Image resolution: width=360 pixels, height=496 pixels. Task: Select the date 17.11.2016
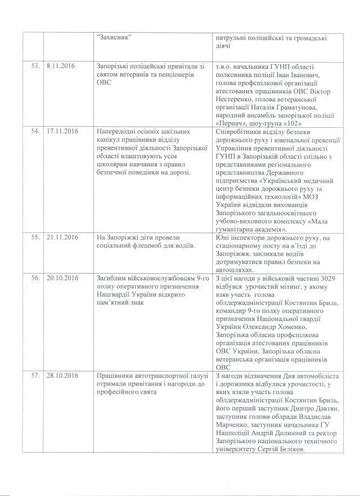[62, 131]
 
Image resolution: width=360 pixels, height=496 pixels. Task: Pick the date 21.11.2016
[62, 239]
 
